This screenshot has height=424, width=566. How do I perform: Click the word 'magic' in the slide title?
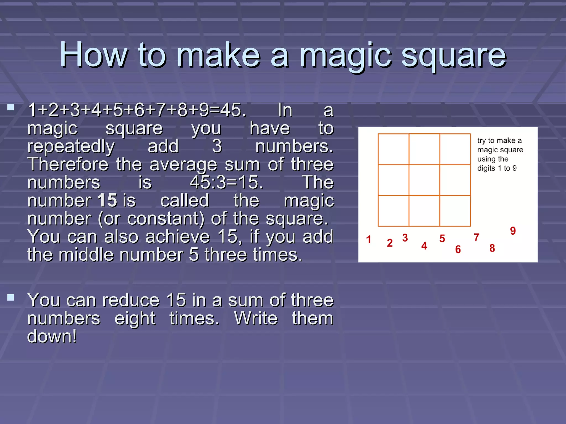tap(346, 55)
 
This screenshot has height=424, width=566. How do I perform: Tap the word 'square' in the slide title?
tap(454, 55)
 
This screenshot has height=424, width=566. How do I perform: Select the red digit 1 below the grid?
tap(368, 239)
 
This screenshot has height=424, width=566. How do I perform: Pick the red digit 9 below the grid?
tap(513, 230)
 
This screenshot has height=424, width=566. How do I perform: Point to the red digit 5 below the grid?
tap(442, 239)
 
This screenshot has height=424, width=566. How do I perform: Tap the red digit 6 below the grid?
tap(458, 249)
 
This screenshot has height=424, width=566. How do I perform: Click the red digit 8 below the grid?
tap(492, 248)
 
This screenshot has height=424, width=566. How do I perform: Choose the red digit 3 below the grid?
tap(405, 238)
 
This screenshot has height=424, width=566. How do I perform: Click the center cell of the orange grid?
tap(424, 180)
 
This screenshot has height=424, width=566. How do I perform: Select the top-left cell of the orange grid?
tap(393, 149)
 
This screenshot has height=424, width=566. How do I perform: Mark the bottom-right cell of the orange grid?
tap(455, 211)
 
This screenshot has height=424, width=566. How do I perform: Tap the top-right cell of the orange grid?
tap(455, 149)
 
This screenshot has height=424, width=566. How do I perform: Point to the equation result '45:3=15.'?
tap(226, 182)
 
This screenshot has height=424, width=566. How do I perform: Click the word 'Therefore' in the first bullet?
tap(68, 164)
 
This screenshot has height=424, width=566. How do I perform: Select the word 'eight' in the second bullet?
tap(135, 318)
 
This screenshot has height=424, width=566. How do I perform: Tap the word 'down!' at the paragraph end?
tap(52, 336)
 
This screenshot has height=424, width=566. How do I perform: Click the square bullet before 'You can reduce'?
tap(11, 297)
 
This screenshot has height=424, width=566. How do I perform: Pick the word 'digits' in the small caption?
tap(486, 168)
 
